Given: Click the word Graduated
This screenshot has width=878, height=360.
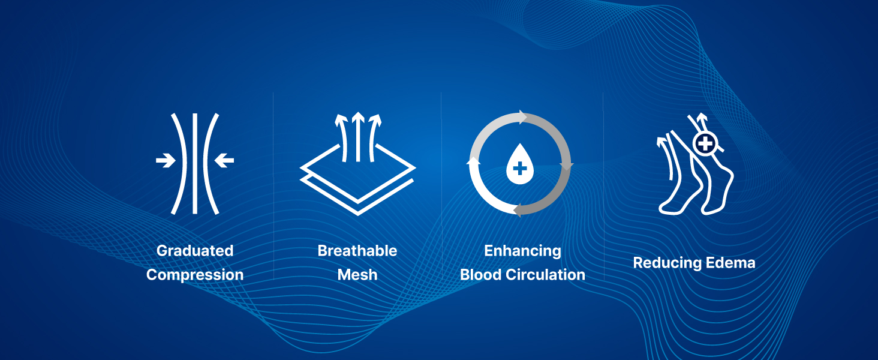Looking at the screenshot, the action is coord(195,251).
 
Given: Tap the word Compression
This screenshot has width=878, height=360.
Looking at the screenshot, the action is coord(195,275).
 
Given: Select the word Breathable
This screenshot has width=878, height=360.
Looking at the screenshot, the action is coord(357,251).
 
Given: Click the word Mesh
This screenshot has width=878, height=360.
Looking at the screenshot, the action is coord(357,275).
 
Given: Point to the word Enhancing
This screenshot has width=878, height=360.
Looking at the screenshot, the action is coord(522,251).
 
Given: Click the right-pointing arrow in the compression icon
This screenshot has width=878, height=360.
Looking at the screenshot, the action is coord(166,160).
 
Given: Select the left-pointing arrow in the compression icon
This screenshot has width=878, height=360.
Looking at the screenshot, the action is coord(224,160).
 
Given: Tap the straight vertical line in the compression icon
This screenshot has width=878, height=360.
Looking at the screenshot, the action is coord(195,164).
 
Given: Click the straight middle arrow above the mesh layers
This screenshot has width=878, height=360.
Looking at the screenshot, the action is coord(358,136).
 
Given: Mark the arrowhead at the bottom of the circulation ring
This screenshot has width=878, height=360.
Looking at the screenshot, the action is coord(518,210).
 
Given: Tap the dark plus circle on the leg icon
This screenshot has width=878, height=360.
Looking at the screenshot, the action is coord(705,143).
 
